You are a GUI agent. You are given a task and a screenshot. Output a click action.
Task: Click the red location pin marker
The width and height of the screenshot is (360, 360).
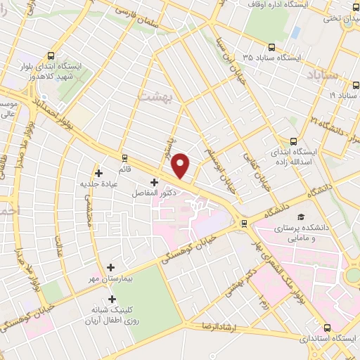click(x=181, y=166)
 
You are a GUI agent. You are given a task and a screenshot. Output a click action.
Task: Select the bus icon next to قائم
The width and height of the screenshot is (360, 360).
click(x=124, y=157)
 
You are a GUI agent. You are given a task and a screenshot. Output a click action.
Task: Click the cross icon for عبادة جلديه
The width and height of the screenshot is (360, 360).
click(x=98, y=172)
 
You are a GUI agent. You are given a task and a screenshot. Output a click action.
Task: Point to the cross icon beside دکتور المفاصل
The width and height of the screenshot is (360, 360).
click(x=154, y=182)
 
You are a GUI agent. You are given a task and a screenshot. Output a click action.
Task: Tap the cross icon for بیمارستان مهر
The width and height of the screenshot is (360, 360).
click(x=110, y=267)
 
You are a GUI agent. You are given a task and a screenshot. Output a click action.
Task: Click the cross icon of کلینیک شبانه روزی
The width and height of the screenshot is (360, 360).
click(x=112, y=299)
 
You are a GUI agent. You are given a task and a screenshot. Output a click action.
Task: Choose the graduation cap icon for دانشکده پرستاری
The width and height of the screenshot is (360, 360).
click(x=302, y=218)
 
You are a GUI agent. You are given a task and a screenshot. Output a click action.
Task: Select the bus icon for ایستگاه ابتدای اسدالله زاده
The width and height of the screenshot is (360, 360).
click(x=293, y=141)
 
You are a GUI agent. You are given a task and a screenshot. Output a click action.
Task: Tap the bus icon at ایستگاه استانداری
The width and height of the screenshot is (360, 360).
click(x=327, y=327)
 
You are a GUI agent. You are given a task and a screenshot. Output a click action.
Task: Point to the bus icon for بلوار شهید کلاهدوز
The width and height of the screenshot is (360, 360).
click(x=51, y=55)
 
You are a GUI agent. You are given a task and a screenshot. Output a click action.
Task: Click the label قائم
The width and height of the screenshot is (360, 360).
click(x=124, y=169)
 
